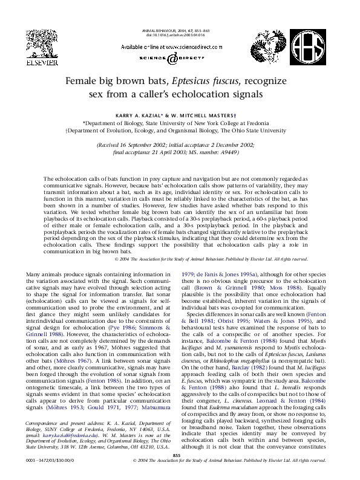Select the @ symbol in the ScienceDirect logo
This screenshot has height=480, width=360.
click(x=172, y=59)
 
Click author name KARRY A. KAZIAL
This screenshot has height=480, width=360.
click(x=151, y=113)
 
